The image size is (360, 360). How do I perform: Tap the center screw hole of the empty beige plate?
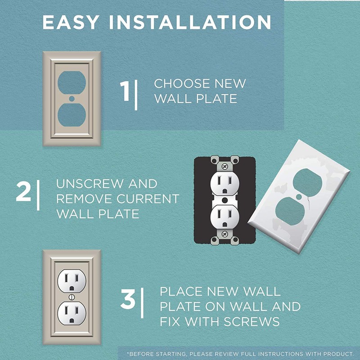click(72, 98)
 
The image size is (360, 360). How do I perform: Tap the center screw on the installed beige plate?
click(72, 298)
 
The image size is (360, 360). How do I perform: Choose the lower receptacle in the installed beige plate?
click(72, 314)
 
